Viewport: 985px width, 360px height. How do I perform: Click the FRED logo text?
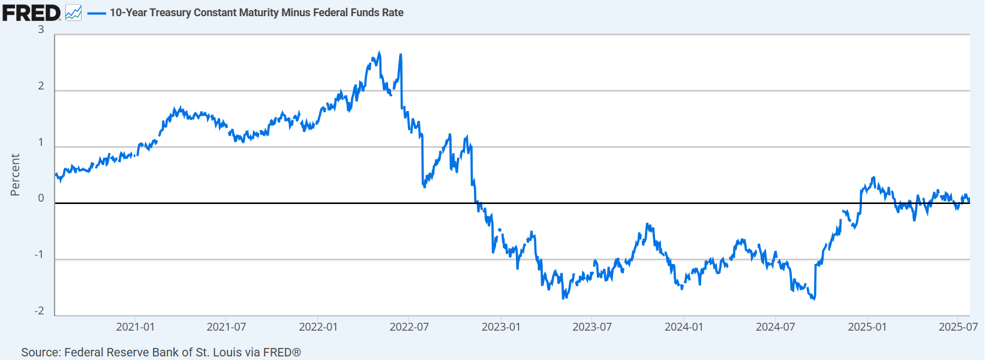point(31,13)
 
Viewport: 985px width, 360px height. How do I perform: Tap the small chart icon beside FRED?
point(73,13)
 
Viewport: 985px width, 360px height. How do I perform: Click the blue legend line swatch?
point(97,13)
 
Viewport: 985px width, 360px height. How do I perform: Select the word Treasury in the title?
point(171,13)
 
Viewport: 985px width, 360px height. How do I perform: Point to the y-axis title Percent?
point(15,175)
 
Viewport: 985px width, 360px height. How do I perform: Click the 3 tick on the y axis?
point(41,29)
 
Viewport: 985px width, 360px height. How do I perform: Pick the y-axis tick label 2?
point(41,86)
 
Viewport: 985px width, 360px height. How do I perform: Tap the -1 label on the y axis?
point(39,255)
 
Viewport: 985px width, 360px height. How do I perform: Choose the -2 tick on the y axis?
point(39,311)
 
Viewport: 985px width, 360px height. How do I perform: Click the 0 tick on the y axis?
point(41,199)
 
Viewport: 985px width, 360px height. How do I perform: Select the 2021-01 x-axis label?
point(135,327)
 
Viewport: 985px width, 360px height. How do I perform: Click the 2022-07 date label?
point(409,327)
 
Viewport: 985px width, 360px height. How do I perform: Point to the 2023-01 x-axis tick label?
point(501,327)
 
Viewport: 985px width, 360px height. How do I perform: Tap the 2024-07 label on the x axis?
point(775,327)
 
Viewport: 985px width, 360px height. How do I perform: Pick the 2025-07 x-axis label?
point(958,327)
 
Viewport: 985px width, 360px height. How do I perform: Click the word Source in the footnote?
point(40,352)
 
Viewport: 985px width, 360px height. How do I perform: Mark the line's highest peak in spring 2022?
point(379,52)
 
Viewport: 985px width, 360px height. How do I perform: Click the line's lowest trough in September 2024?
point(814,299)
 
